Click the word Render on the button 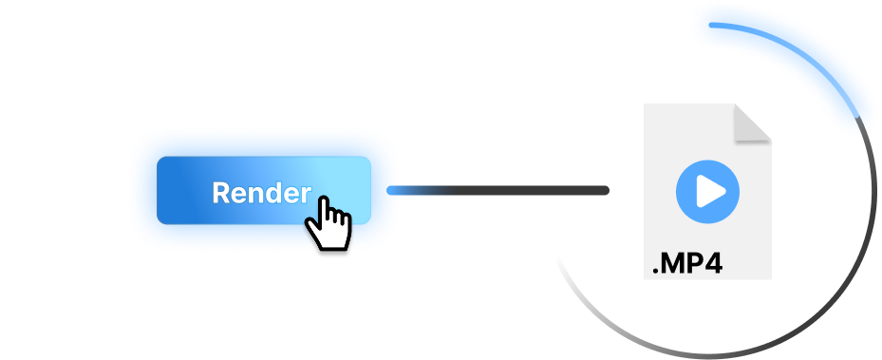click(262, 193)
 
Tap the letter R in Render click(220, 193)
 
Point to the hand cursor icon click(328, 223)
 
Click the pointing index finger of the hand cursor click(325, 207)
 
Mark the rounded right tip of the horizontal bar click(606, 190)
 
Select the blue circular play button click(707, 192)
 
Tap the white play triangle click(710, 192)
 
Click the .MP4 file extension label click(686, 263)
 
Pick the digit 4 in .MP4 click(713, 263)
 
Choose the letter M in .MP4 click(673, 263)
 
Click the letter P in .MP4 click(694, 263)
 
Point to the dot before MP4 click(656, 271)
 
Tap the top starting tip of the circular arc click(711, 25)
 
